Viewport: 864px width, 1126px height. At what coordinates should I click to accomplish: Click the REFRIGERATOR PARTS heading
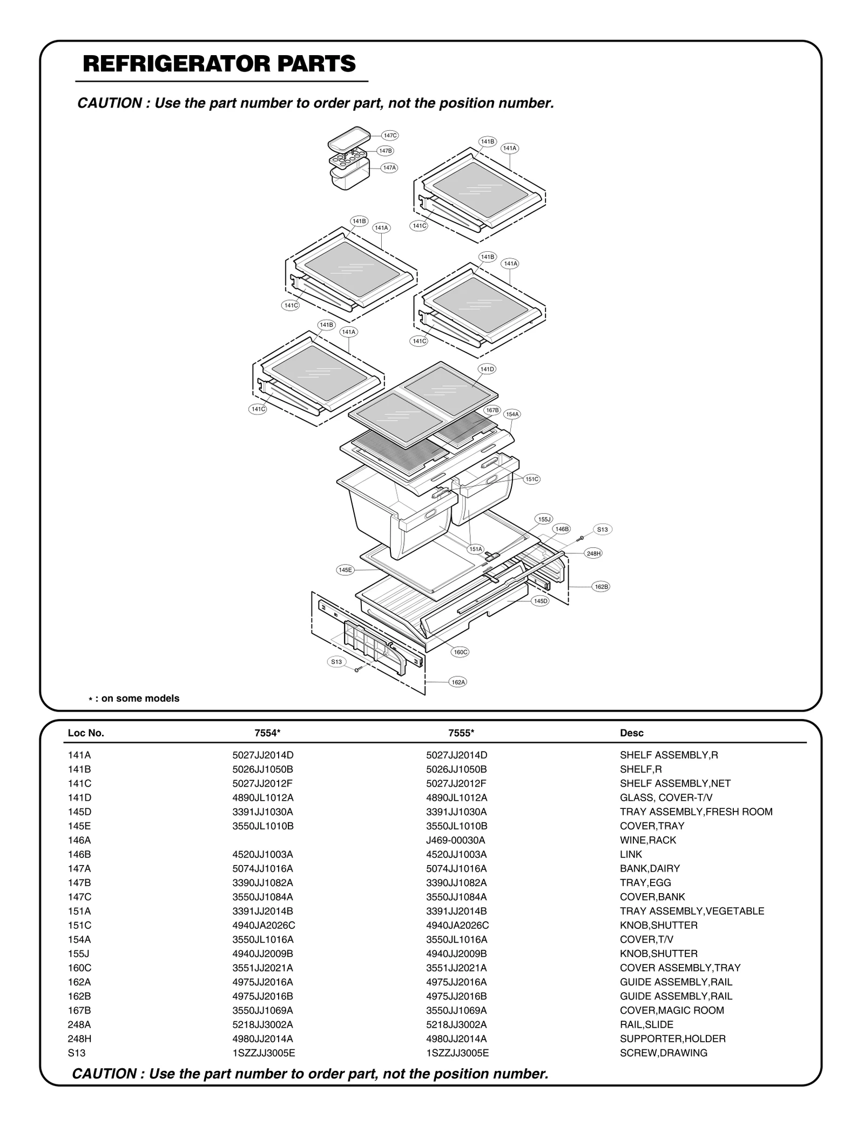pyautogui.click(x=219, y=64)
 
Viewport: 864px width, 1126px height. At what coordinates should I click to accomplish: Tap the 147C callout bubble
pyautogui.click(x=390, y=135)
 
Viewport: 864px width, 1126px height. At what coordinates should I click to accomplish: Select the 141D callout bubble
pyautogui.click(x=487, y=369)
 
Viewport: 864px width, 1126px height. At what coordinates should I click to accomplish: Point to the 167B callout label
pyautogui.click(x=492, y=410)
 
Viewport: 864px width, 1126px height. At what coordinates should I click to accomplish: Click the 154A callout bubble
pyautogui.click(x=512, y=414)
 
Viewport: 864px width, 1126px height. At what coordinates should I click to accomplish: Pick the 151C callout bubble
pyautogui.click(x=532, y=479)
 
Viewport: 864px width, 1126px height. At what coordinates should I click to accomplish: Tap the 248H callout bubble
pyautogui.click(x=593, y=553)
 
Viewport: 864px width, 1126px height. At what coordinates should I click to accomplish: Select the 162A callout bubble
pyautogui.click(x=458, y=682)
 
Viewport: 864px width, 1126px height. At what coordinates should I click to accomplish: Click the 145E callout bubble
pyautogui.click(x=345, y=569)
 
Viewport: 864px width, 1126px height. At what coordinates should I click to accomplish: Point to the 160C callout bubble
pyautogui.click(x=460, y=652)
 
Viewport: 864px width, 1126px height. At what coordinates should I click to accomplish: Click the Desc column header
pyautogui.click(x=631, y=733)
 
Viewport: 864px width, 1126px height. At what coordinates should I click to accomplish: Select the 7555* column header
pyautogui.click(x=461, y=733)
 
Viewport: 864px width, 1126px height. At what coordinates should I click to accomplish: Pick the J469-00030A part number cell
pyautogui.click(x=455, y=840)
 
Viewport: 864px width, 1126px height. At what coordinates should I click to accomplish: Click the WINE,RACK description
pyautogui.click(x=647, y=840)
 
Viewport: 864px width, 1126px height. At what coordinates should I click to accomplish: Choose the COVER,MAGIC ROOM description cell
pyautogui.click(x=671, y=1010)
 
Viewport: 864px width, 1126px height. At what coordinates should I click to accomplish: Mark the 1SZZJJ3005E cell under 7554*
pyautogui.click(x=263, y=1053)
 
